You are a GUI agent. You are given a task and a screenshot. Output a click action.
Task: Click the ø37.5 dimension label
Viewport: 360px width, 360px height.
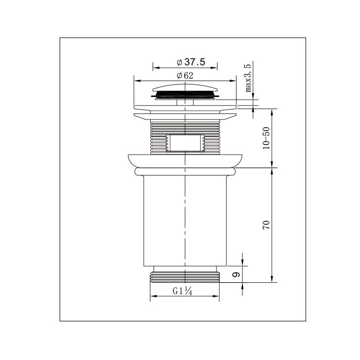[191, 62]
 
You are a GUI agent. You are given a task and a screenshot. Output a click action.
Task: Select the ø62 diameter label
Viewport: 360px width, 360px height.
[185, 75]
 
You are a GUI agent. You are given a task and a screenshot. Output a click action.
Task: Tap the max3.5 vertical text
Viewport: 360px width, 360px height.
[248, 78]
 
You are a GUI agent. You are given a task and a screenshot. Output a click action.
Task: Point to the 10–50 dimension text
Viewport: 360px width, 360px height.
[266, 138]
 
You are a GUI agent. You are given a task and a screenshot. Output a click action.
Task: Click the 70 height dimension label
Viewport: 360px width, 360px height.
[266, 225]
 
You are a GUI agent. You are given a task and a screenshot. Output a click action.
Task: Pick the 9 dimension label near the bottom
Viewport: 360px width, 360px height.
[237, 275]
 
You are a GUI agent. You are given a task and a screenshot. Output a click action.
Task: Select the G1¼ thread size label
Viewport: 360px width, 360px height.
[182, 291]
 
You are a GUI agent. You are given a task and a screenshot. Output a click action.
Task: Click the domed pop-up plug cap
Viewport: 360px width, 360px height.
[185, 88]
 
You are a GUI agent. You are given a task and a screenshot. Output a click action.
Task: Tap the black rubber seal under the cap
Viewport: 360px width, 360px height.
[185, 95]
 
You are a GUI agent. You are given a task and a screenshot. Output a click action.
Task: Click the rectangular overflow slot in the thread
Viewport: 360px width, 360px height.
[185, 143]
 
